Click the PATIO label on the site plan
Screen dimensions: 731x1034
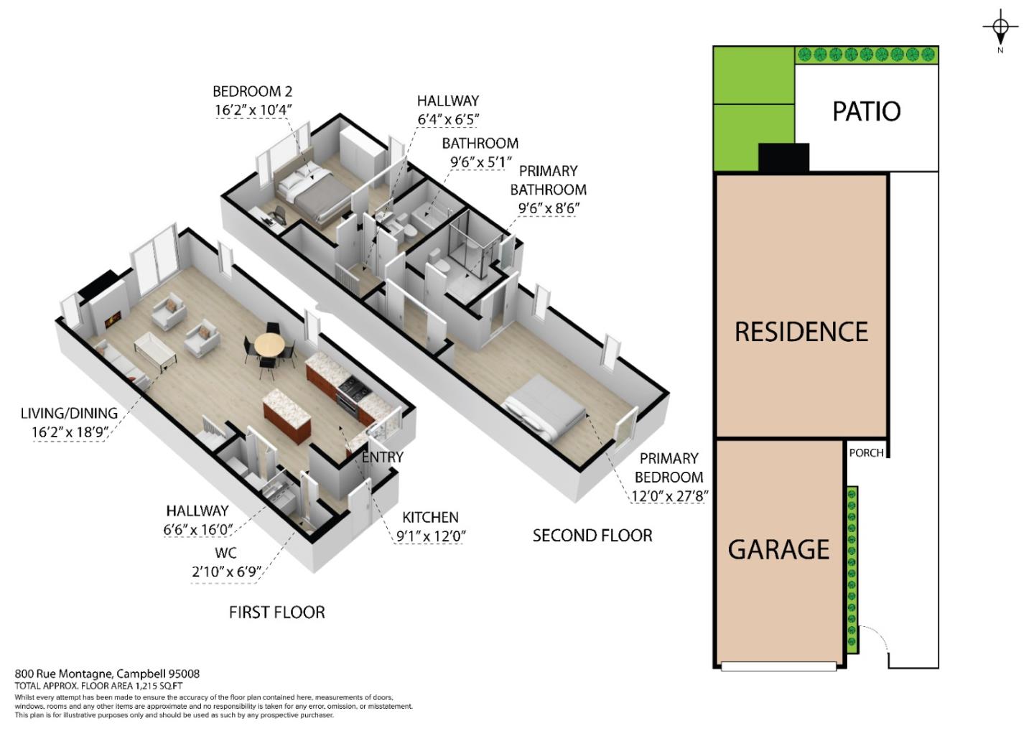[x=866, y=111]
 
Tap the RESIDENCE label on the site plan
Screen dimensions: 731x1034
[x=801, y=332]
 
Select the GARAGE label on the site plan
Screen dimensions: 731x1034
[x=778, y=549]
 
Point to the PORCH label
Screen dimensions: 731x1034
[x=866, y=453]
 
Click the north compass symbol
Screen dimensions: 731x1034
[x=1000, y=28]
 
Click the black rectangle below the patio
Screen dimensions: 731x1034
[x=783, y=157]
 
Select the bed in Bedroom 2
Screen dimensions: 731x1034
[x=312, y=194]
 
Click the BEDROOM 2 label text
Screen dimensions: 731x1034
[x=252, y=92]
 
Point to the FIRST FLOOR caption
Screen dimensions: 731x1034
[x=276, y=613]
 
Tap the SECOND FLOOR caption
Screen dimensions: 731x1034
[x=592, y=536]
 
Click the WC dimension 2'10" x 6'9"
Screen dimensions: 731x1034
[x=225, y=572]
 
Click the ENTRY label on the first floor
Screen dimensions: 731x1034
[x=382, y=457]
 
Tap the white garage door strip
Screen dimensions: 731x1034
[x=778, y=666]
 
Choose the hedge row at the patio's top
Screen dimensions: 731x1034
[x=867, y=54]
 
